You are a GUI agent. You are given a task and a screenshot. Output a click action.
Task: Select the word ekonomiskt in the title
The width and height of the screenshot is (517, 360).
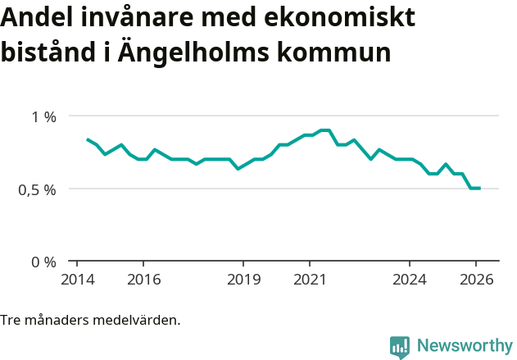[x=345, y=17]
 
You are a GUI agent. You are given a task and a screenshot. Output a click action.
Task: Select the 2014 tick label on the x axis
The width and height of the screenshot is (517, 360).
[x=76, y=280]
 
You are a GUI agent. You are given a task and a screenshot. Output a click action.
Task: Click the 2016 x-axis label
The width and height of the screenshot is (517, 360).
[x=143, y=280]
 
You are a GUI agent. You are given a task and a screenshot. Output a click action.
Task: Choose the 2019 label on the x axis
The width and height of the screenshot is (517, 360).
[x=243, y=280]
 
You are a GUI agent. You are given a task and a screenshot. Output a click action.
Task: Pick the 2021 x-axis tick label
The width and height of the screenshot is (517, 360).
[x=310, y=280]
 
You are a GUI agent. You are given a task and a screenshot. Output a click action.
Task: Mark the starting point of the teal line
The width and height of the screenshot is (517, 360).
[x=87, y=139]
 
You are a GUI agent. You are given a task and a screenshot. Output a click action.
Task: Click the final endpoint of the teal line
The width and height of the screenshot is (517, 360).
[x=479, y=189]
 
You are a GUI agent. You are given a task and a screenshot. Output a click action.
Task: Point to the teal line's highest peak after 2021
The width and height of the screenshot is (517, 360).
[x=324, y=130]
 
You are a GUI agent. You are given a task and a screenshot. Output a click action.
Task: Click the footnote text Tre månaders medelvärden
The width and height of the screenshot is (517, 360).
[x=90, y=320]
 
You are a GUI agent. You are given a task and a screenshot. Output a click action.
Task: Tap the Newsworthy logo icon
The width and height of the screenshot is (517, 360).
[x=400, y=347]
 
